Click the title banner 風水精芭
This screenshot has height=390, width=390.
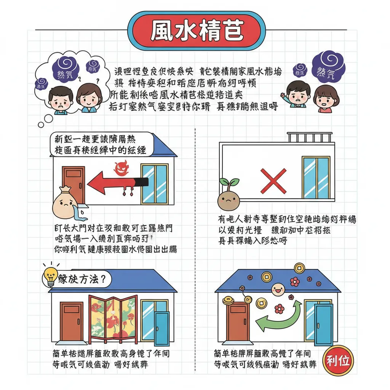tap(197, 31)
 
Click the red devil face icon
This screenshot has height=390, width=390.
tap(122, 168)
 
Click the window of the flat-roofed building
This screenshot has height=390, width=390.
tap(316, 177)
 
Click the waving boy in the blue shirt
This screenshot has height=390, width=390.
tap(297, 94)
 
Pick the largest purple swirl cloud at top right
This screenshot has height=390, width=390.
tap(328, 67)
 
